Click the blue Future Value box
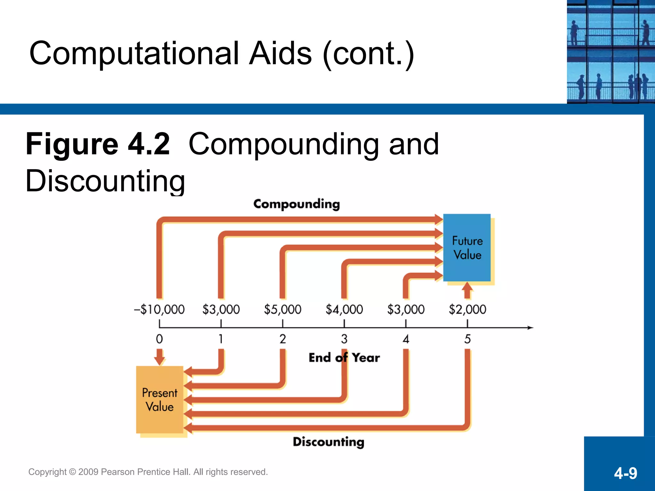tap(467, 247)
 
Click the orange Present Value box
tap(160, 400)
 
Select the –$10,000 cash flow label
tap(159, 309)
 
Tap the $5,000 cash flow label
tap(282, 309)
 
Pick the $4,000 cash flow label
tap(344, 309)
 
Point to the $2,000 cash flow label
tap(467, 309)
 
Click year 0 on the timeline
tap(159, 339)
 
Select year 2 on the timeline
tap(282, 339)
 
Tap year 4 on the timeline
tap(406, 339)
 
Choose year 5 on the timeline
tap(467, 339)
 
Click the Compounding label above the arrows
tap(296, 204)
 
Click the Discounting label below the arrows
tap(328, 442)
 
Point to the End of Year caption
tap(344, 358)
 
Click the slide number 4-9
tap(625, 473)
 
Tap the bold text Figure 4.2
tap(98, 144)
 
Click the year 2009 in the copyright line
tap(88, 472)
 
